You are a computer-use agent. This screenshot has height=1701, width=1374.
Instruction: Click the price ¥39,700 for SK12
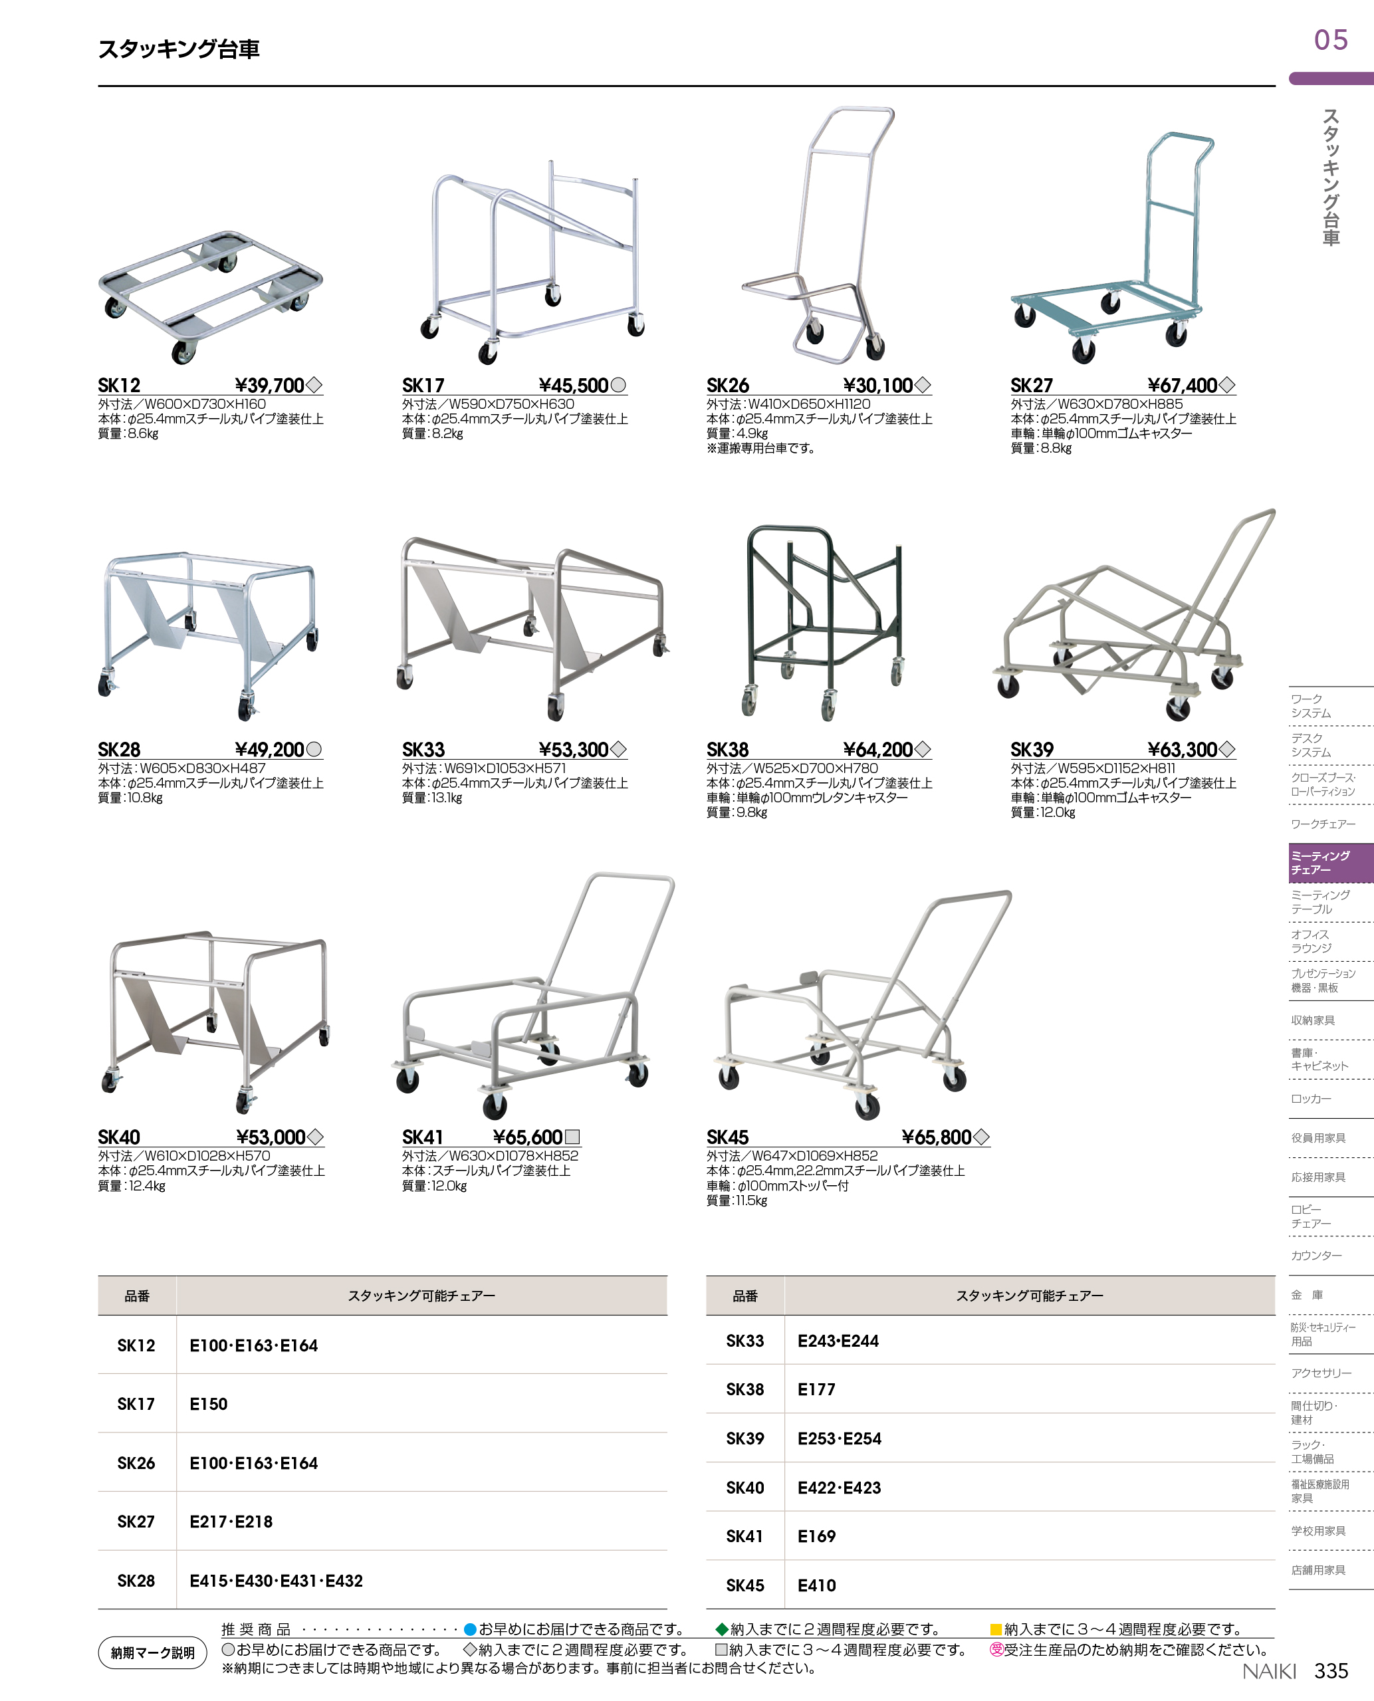(x=270, y=386)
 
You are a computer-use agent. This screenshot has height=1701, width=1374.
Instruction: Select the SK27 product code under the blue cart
(x=1031, y=386)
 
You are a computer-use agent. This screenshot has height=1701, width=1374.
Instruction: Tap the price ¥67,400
(x=1183, y=386)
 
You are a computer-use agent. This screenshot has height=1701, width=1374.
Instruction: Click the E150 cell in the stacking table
(x=208, y=1404)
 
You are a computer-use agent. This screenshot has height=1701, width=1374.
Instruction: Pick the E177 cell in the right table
(x=816, y=1389)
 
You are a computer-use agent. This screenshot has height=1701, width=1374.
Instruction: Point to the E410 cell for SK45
(x=816, y=1585)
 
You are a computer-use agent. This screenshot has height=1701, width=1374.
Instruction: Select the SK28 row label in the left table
(x=136, y=1581)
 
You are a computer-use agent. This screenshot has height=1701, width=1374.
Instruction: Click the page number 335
(x=1331, y=1671)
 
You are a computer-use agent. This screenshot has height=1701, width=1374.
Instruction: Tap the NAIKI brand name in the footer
(x=1269, y=1672)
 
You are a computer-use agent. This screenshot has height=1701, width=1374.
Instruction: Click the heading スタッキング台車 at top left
(x=179, y=49)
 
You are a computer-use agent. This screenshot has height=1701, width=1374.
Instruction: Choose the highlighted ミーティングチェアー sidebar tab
(x=1329, y=863)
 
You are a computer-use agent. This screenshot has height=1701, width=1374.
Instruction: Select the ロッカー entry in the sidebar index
(x=1311, y=1099)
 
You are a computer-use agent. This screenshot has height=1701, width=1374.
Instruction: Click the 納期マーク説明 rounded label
(x=153, y=1652)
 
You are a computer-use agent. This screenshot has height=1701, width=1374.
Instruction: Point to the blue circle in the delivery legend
(x=469, y=1629)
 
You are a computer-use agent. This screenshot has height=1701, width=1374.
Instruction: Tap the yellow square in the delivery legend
(x=996, y=1629)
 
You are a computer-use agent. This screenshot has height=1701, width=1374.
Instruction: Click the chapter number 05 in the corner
(x=1331, y=41)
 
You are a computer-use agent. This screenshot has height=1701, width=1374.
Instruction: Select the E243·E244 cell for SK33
(x=838, y=1341)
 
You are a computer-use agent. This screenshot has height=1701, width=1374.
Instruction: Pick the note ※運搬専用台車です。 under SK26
(x=760, y=448)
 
